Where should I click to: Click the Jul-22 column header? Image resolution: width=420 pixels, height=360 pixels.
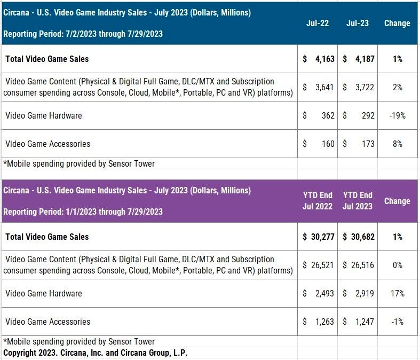click(x=317, y=24)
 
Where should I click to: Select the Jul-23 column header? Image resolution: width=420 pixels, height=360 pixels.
click(x=358, y=24)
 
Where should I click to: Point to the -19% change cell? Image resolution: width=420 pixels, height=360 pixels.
click(x=397, y=115)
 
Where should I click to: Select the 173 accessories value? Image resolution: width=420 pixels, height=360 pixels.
click(x=368, y=144)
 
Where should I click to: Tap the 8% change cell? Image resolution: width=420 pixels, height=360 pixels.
click(x=397, y=144)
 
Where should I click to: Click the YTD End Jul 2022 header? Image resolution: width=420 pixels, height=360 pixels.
click(x=317, y=201)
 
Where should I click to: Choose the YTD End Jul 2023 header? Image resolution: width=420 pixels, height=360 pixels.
click(x=358, y=201)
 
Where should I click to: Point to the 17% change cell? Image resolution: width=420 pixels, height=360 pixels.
click(x=397, y=293)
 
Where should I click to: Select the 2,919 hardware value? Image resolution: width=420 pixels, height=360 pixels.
click(x=365, y=293)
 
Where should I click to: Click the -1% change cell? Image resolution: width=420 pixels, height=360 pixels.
click(x=397, y=322)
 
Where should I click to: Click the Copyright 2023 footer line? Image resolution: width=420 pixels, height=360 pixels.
click(x=96, y=353)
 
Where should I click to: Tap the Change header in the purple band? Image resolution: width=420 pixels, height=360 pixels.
click(x=397, y=201)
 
